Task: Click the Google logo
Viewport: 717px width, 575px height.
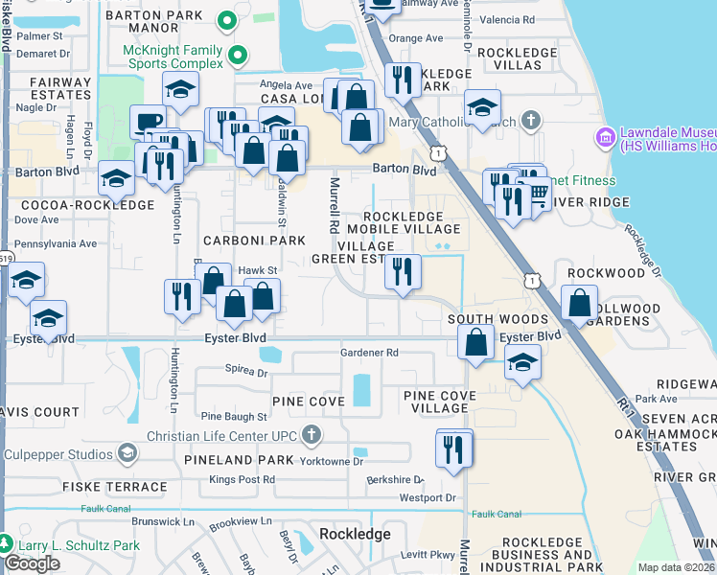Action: tap(32, 563)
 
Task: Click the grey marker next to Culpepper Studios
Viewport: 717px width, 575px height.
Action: tap(127, 453)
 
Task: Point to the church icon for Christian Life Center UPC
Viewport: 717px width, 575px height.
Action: tap(310, 436)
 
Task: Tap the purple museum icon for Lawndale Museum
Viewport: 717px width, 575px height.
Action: tap(605, 138)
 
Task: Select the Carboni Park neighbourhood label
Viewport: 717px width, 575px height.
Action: tap(253, 241)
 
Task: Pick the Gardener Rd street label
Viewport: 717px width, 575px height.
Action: tap(369, 353)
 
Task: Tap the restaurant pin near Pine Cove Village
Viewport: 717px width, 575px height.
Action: tap(453, 448)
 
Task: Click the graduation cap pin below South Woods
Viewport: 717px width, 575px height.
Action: tap(521, 363)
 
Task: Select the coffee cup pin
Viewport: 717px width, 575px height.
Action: tap(148, 122)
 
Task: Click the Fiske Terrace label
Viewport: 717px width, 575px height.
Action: tap(114, 487)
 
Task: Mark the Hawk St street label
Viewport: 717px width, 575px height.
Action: tap(257, 271)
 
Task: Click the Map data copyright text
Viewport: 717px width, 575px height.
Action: tap(676, 567)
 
